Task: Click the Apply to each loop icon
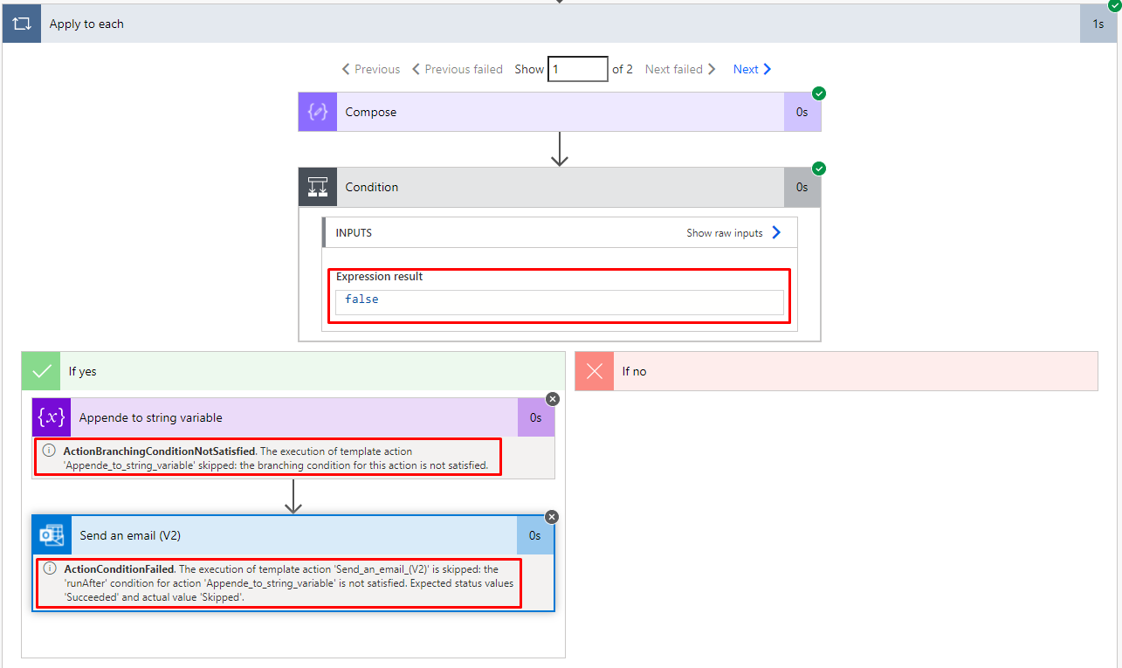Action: click(x=22, y=24)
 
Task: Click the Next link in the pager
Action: click(x=752, y=69)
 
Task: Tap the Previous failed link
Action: click(x=458, y=69)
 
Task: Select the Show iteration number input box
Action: click(x=578, y=69)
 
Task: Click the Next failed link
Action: click(x=680, y=69)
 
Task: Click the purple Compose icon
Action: click(x=318, y=112)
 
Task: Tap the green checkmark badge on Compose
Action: click(x=819, y=93)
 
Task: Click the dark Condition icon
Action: click(x=318, y=187)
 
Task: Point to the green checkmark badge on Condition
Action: click(x=819, y=169)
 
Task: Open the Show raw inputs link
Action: click(x=733, y=233)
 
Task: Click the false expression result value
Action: click(x=361, y=299)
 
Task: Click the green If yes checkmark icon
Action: click(x=41, y=371)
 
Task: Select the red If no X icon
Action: click(x=595, y=371)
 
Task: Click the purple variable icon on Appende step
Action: click(x=52, y=417)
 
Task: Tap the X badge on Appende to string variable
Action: click(x=553, y=399)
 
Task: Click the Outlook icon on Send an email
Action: click(x=52, y=535)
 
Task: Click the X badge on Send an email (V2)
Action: click(x=552, y=517)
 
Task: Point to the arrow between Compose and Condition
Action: click(x=560, y=148)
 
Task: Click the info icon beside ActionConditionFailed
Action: click(x=50, y=568)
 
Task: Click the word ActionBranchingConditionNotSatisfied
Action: click(x=159, y=451)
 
